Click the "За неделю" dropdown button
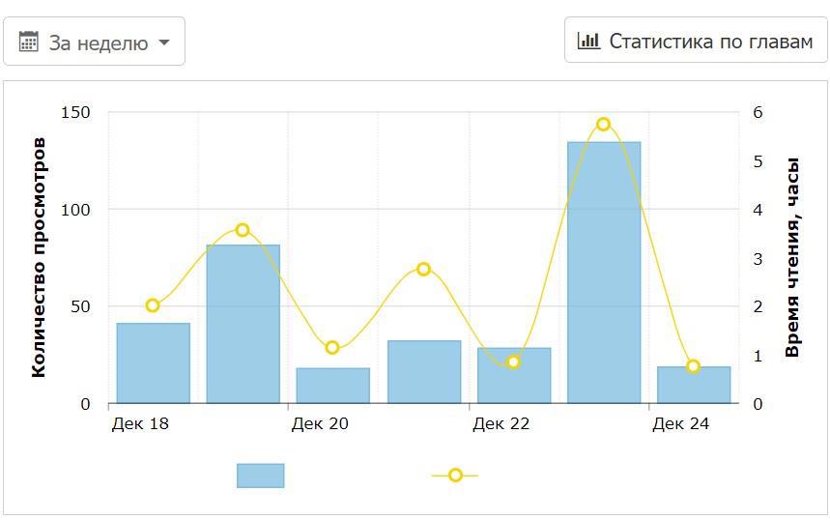[x=95, y=42]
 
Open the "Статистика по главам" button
[x=696, y=41]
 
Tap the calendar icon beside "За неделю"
[x=29, y=42]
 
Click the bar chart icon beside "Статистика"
[x=588, y=41]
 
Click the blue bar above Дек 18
[x=154, y=363]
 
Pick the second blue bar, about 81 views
[x=243, y=324]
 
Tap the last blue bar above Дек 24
[x=694, y=385]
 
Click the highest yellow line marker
[x=604, y=125]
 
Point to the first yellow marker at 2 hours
[x=153, y=305]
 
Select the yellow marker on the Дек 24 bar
[x=694, y=366]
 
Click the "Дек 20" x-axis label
[x=320, y=423]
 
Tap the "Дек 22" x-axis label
[x=501, y=423]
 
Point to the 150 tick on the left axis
[x=75, y=112]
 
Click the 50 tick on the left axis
[x=79, y=306]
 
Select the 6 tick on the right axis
[x=758, y=112]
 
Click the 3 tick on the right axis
[x=758, y=258]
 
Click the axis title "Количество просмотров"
[x=39, y=257]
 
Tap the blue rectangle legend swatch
[x=261, y=476]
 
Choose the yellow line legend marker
[x=455, y=476]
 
